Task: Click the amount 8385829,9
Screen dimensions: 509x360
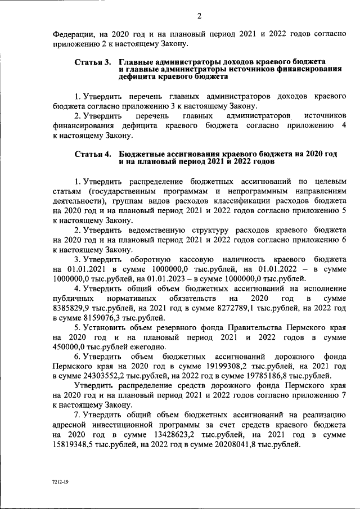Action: coord(75,308)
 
